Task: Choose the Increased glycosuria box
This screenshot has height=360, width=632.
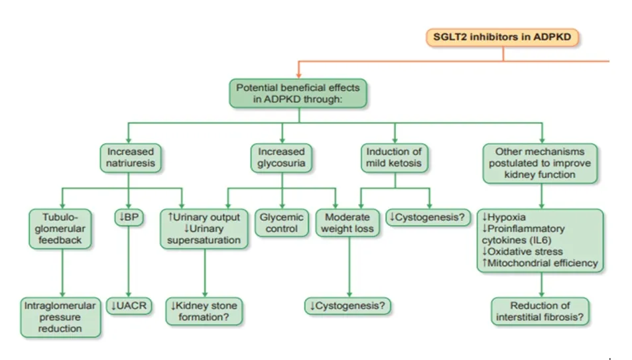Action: pyautogui.click(x=281, y=158)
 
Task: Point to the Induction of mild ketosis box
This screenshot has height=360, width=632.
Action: pyautogui.click(x=394, y=158)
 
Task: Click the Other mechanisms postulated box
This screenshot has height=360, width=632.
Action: pyautogui.click(x=540, y=162)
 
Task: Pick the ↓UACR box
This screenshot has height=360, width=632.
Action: pyautogui.click(x=129, y=306)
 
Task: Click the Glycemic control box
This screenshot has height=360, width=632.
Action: pyautogui.click(x=282, y=223)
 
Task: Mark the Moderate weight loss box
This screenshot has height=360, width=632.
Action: pyautogui.click(x=348, y=223)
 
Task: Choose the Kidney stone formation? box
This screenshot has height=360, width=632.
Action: pyautogui.click(x=204, y=312)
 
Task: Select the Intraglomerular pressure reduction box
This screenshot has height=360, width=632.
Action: pyautogui.click(x=60, y=317)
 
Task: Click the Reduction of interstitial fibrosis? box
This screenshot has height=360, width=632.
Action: pyautogui.click(x=541, y=312)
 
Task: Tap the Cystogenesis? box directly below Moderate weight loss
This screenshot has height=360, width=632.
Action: pyautogui.click(x=348, y=306)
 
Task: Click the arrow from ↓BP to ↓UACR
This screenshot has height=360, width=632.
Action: pyautogui.click(x=129, y=262)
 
